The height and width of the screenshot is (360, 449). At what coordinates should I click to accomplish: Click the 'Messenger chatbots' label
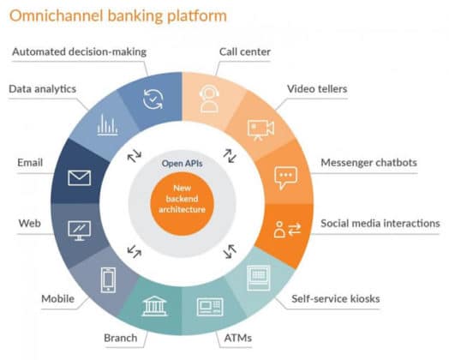click(x=369, y=163)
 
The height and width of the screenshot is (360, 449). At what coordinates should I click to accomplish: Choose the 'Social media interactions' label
click(x=380, y=224)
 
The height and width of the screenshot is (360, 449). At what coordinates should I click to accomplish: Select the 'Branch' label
click(x=121, y=338)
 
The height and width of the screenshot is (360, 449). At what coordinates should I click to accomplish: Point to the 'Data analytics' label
click(x=43, y=88)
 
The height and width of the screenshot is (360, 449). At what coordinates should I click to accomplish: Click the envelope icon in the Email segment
click(x=79, y=178)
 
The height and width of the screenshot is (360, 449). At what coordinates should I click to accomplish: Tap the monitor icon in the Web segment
click(x=79, y=230)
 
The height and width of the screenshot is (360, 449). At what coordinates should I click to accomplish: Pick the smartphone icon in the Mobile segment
click(x=109, y=279)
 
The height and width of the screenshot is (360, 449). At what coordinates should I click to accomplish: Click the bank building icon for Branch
click(x=155, y=306)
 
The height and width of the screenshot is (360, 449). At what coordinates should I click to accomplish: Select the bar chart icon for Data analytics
click(x=107, y=126)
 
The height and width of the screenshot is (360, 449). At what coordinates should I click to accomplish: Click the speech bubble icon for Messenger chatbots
click(x=285, y=177)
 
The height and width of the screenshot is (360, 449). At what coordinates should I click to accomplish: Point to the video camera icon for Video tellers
click(x=260, y=128)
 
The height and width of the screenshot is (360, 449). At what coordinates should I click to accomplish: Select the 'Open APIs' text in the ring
click(x=183, y=162)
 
